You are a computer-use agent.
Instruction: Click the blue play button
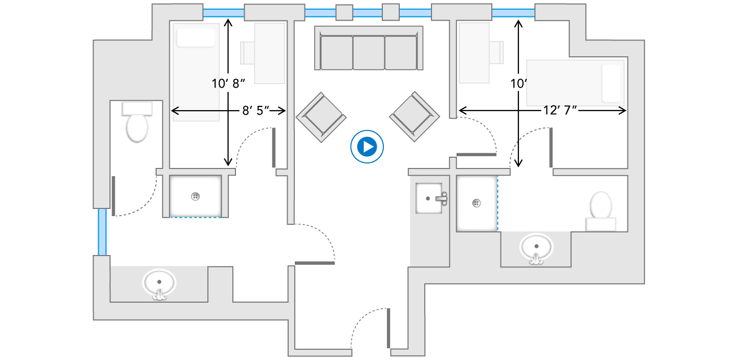(x=367, y=146)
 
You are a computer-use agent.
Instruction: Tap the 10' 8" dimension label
(x=228, y=83)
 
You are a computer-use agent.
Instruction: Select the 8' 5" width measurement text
(x=256, y=111)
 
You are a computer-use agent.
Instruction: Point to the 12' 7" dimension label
(x=560, y=110)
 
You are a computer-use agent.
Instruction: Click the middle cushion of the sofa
(x=368, y=53)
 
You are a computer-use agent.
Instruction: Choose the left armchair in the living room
(x=321, y=117)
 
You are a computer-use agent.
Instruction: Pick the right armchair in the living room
(x=414, y=116)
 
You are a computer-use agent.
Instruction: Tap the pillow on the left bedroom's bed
(x=196, y=38)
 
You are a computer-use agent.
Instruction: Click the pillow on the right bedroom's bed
(x=611, y=83)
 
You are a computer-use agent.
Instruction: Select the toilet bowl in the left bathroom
(x=137, y=128)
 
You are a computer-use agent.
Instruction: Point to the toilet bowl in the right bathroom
(x=601, y=205)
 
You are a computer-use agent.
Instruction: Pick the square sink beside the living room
(x=429, y=198)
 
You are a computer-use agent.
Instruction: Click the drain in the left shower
(x=196, y=197)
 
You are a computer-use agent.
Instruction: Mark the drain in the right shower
(x=476, y=203)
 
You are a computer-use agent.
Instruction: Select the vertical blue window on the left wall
(x=102, y=231)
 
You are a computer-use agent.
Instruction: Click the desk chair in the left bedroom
(x=247, y=53)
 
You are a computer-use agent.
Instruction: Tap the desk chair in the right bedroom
(x=496, y=52)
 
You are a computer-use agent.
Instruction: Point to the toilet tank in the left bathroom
(x=137, y=109)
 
